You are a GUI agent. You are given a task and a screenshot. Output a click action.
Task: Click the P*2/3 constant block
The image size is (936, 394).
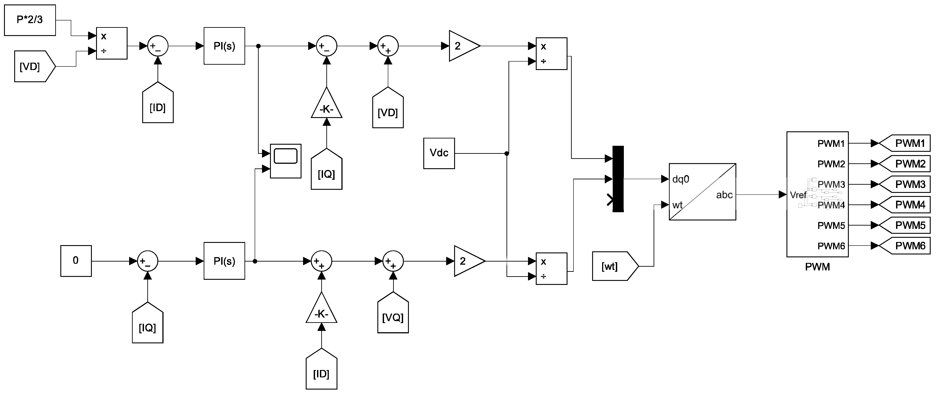point(30,20)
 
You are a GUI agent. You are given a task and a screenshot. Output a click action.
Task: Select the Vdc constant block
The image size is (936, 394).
point(439,153)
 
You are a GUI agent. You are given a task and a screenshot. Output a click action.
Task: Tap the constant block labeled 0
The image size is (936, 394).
point(76,261)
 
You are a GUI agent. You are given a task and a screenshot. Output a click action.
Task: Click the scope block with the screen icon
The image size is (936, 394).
point(286,161)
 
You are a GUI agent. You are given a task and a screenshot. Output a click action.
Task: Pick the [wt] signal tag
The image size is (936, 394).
point(615,266)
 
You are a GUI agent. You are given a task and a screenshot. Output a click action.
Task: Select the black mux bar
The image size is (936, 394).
point(618,179)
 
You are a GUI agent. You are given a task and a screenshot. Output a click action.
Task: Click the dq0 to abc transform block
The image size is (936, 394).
point(702,192)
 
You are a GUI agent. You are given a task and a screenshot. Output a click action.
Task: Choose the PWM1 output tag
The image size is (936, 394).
point(905,143)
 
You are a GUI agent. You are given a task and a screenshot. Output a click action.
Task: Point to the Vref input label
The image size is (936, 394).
point(798,195)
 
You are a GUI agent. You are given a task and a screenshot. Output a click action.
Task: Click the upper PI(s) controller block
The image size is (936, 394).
point(224,46)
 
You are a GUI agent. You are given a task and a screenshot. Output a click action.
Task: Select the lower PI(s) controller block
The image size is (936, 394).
point(224,261)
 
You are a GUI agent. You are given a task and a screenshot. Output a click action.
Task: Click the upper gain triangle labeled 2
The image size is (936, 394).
point(464,46)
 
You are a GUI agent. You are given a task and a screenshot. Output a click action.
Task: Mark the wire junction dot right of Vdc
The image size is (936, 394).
point(507,154)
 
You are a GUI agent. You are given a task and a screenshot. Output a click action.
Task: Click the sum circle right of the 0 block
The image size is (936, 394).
point(148,261)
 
